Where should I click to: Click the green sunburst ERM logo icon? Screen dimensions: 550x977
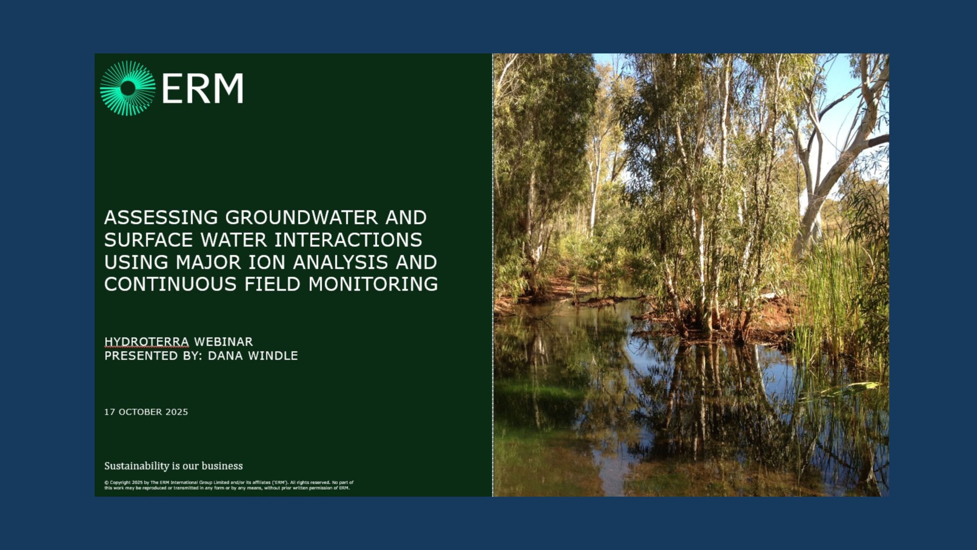pyautogui.click(x=127, y=88)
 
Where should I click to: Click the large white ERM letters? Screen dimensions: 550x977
pyautogui.click(x=203, y=89)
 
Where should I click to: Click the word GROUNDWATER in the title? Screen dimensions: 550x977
pyautogui.click(x=301, y=218)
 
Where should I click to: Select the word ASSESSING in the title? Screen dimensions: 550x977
pyautogui.click(x=161, y=218)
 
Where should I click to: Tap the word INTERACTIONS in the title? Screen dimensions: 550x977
pyautogui.click(x=348, y=240)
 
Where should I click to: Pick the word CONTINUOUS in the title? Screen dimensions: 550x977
pyautogui.click(x=170, y=285)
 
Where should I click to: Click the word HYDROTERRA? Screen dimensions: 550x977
pyautogui.click(x=147, y=341)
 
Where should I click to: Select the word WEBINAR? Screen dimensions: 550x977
pyautogui.click(x=223, y=341)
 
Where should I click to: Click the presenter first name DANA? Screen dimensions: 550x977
pyautogui.click(x=225, y=356)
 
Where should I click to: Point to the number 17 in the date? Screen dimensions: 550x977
pyautogui.click(x=110, y=412)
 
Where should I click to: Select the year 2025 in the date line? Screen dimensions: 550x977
pyautogui.click(x=177, y=412)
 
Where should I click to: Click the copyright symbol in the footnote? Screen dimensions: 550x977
pyautogui.click(x=106, y=482)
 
